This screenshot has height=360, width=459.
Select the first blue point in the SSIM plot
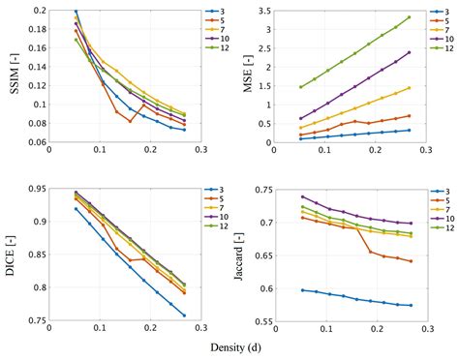pos(49,11)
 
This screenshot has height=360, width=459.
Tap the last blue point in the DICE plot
pos(184,315)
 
